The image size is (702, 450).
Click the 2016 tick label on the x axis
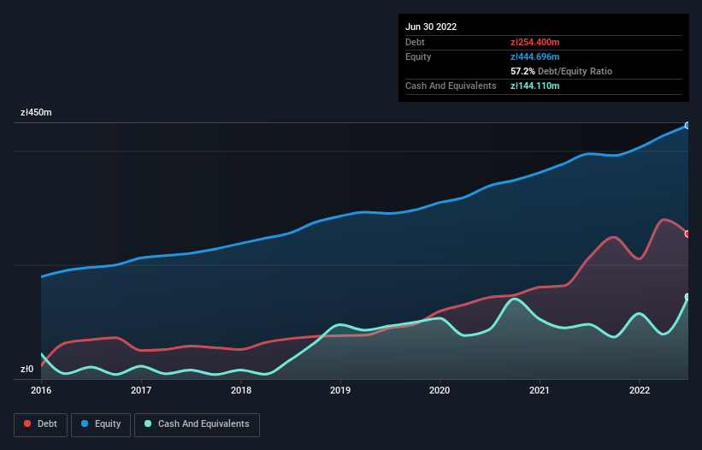pyautogui.click(x=41, y=390)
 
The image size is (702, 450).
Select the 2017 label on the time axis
pyautogui.click(x=141, y=390)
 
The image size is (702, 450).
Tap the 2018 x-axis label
pyautogui.click(x=241, y=390)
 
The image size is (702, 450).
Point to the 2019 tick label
pyautogui.click(x=340, y=390)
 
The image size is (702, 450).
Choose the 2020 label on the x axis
pyautogui.click(x=440, y=390)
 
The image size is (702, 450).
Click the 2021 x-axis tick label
pyautogui.click(x=540, y=390)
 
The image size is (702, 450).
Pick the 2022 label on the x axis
pyautogui.click(x=640, y=390)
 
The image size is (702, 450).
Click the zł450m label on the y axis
pyautogui.click(x=36, y=113)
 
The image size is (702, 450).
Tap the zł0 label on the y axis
pyautogui.click(x=27, y=370)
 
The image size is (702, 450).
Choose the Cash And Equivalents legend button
pyautogui.click(x=197, y=423)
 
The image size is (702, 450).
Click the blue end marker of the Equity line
pyautogui.click(x=687, y=126)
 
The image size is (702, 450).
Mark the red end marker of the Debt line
pyautogui.click(x=687, y=234)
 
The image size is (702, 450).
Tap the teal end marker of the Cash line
pyautogui.click(x=687, y=297)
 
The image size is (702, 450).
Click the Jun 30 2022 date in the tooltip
pyautogui.click(x=431, y=27)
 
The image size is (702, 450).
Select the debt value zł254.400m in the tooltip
pyautogui.click(x=536, y=42)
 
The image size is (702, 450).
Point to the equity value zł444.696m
pyautogui.click(x=536, y=56)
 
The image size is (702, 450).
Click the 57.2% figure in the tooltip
pyautogui.click(x=522, y=71)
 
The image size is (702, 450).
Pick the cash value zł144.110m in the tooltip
pyautogui.click(x=535, y=86)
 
